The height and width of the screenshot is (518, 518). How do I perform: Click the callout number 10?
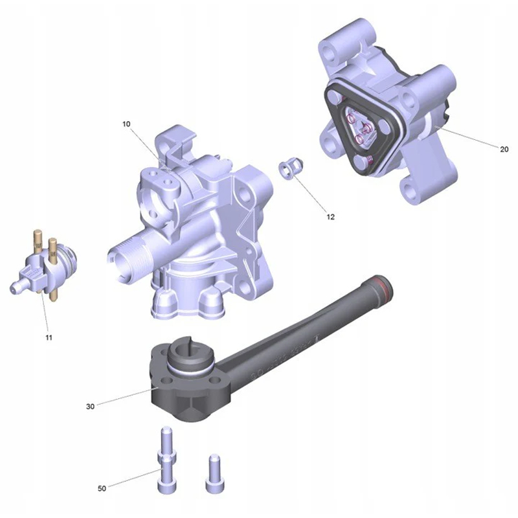tap(126, 124)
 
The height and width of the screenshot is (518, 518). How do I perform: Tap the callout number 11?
tap(49, 337)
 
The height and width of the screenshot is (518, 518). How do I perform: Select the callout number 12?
tap(330, 217)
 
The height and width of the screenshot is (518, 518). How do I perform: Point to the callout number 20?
tap(504, 150)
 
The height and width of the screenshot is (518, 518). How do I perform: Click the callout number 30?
tap(90, 407)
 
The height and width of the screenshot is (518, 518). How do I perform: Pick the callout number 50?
tap(102, 488)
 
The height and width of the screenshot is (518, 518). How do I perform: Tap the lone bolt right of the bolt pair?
tap(215, 474)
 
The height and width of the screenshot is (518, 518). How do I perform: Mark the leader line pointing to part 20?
tap(467, 137)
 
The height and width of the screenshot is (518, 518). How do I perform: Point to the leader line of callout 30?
tap(126, 396)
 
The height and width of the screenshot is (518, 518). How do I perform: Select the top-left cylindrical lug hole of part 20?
tap(329, 52)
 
